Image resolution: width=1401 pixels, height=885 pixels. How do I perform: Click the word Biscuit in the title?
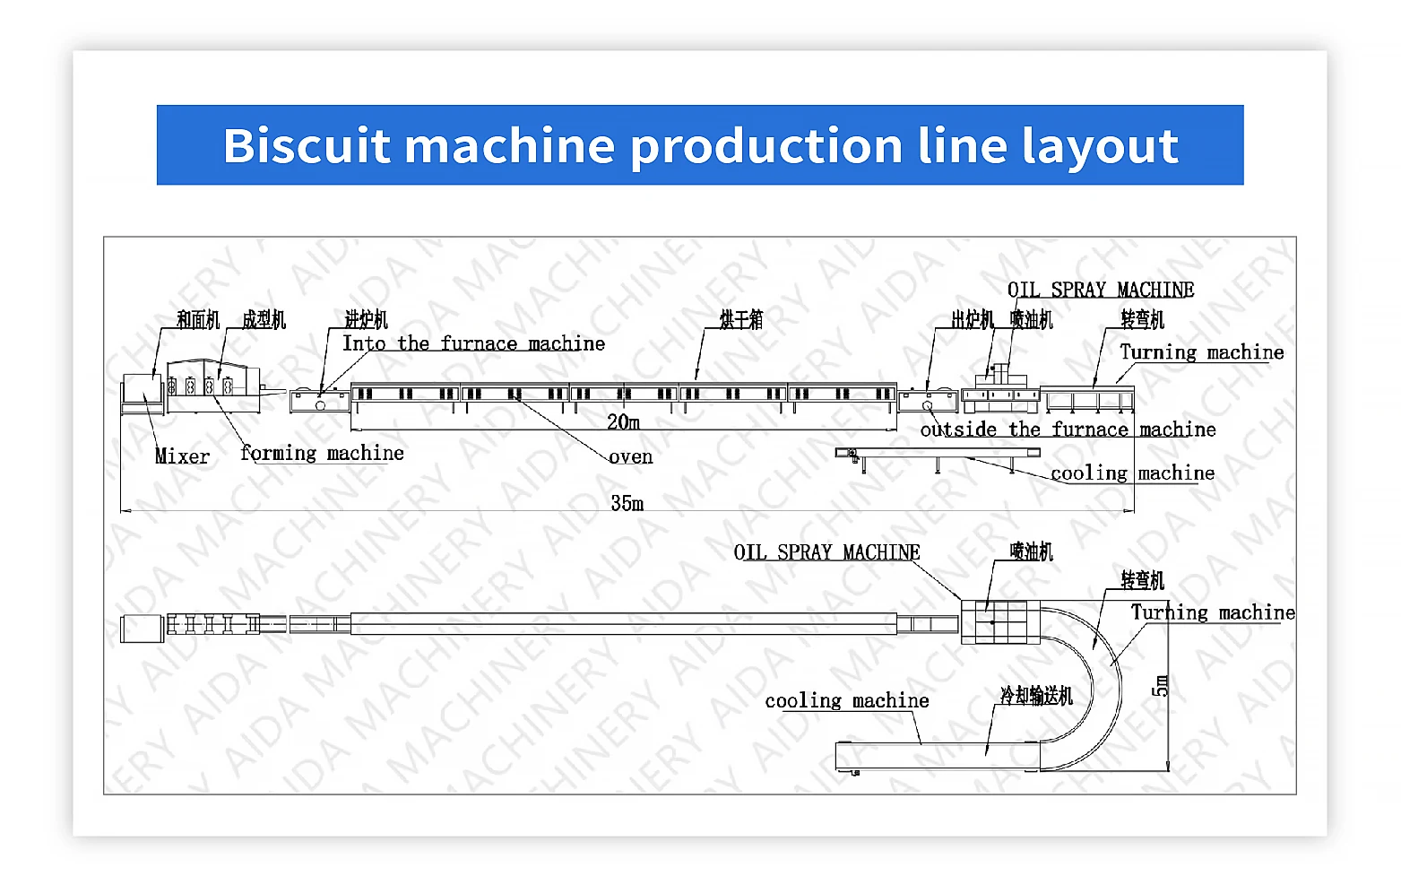(x=307, y=145)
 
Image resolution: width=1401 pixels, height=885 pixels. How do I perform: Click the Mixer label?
(x=182, y=456)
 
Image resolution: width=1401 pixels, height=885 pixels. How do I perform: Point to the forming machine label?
(x=322, y=454)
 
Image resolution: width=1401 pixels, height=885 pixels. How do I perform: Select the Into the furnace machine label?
(x=473, y=343)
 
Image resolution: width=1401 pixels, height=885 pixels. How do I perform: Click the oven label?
(x=631, y=457)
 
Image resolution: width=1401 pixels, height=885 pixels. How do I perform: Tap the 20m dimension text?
(x=623, y=421)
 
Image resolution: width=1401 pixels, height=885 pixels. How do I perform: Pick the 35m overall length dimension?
(x=627, y=503)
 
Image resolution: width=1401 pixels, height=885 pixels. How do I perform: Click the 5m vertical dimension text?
(x=1161, y=686)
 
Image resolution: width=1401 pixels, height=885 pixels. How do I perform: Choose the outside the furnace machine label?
(x=1068, y=429)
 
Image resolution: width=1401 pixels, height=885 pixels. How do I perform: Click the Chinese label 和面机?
(x=198, y=320)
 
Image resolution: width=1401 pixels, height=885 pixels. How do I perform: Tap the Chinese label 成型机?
(x=264, y=320)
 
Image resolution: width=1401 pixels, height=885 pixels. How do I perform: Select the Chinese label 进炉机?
(x=367, y=319)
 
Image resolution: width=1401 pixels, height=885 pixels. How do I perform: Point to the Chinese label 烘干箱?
(x=741, y=320)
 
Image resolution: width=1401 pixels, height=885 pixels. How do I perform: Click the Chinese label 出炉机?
(x=973, y=320)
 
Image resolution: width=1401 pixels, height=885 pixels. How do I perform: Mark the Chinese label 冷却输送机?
(x=1036, y=696)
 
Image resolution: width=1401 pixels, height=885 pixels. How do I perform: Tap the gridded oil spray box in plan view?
(x=1000, y=621)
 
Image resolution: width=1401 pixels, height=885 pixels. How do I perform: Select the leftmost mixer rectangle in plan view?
(x=142, y=628)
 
